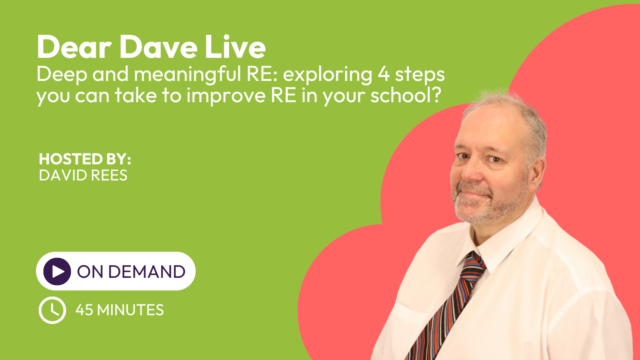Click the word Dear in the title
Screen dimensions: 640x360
[x=74, y=47]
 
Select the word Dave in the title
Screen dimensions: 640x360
[x=159, y=47]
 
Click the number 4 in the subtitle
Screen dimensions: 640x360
[x=384, y=74]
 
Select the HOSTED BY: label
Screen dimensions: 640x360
[x=85, y=159]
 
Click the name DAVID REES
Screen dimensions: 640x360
[x=83, y=175]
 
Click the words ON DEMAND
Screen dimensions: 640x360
[x=131, y=271]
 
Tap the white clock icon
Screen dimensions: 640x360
[x=52, y=310]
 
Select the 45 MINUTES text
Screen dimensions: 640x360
[x=120, y=310]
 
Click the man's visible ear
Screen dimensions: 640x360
[x=537, y=171]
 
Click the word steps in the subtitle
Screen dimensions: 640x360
[x=420, y=75]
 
